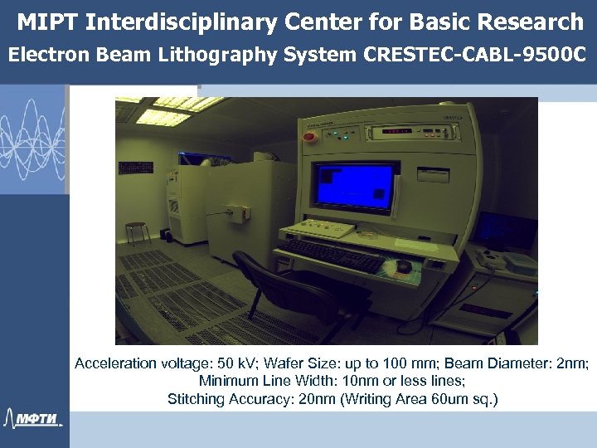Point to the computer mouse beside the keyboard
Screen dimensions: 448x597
click(x=404, y=265)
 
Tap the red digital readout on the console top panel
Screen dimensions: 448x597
click(x=398, y=131)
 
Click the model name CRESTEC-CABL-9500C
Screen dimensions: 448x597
click(x=474, y=56)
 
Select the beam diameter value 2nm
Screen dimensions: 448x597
click(x=572, y=363)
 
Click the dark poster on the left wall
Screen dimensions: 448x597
click(x=136, y=168)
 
